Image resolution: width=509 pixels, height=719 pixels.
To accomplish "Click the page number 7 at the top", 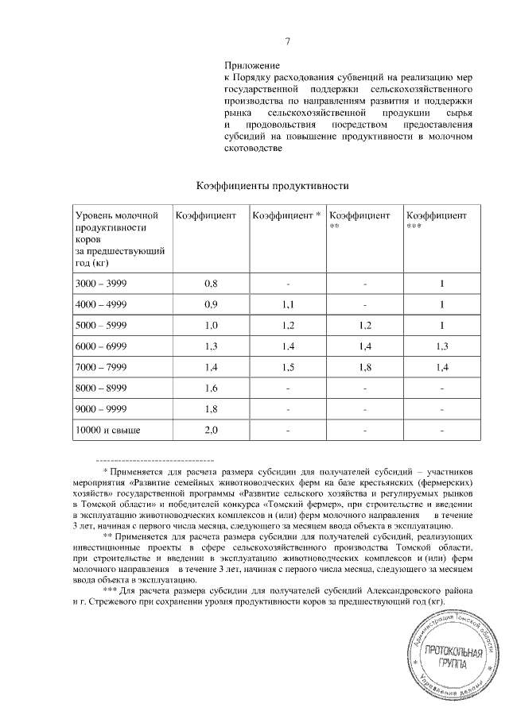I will [287, 42].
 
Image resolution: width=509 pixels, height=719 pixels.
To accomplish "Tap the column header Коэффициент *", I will [286, 216].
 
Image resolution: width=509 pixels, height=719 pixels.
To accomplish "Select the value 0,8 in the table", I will [211, 284].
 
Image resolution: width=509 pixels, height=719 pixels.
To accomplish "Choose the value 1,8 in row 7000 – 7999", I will [365, 366].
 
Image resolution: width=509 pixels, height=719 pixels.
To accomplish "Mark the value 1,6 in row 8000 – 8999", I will [211, 388].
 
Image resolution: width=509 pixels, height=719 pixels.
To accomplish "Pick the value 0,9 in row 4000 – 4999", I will [211, 305].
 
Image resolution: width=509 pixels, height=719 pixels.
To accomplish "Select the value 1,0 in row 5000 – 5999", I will [211, 326].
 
